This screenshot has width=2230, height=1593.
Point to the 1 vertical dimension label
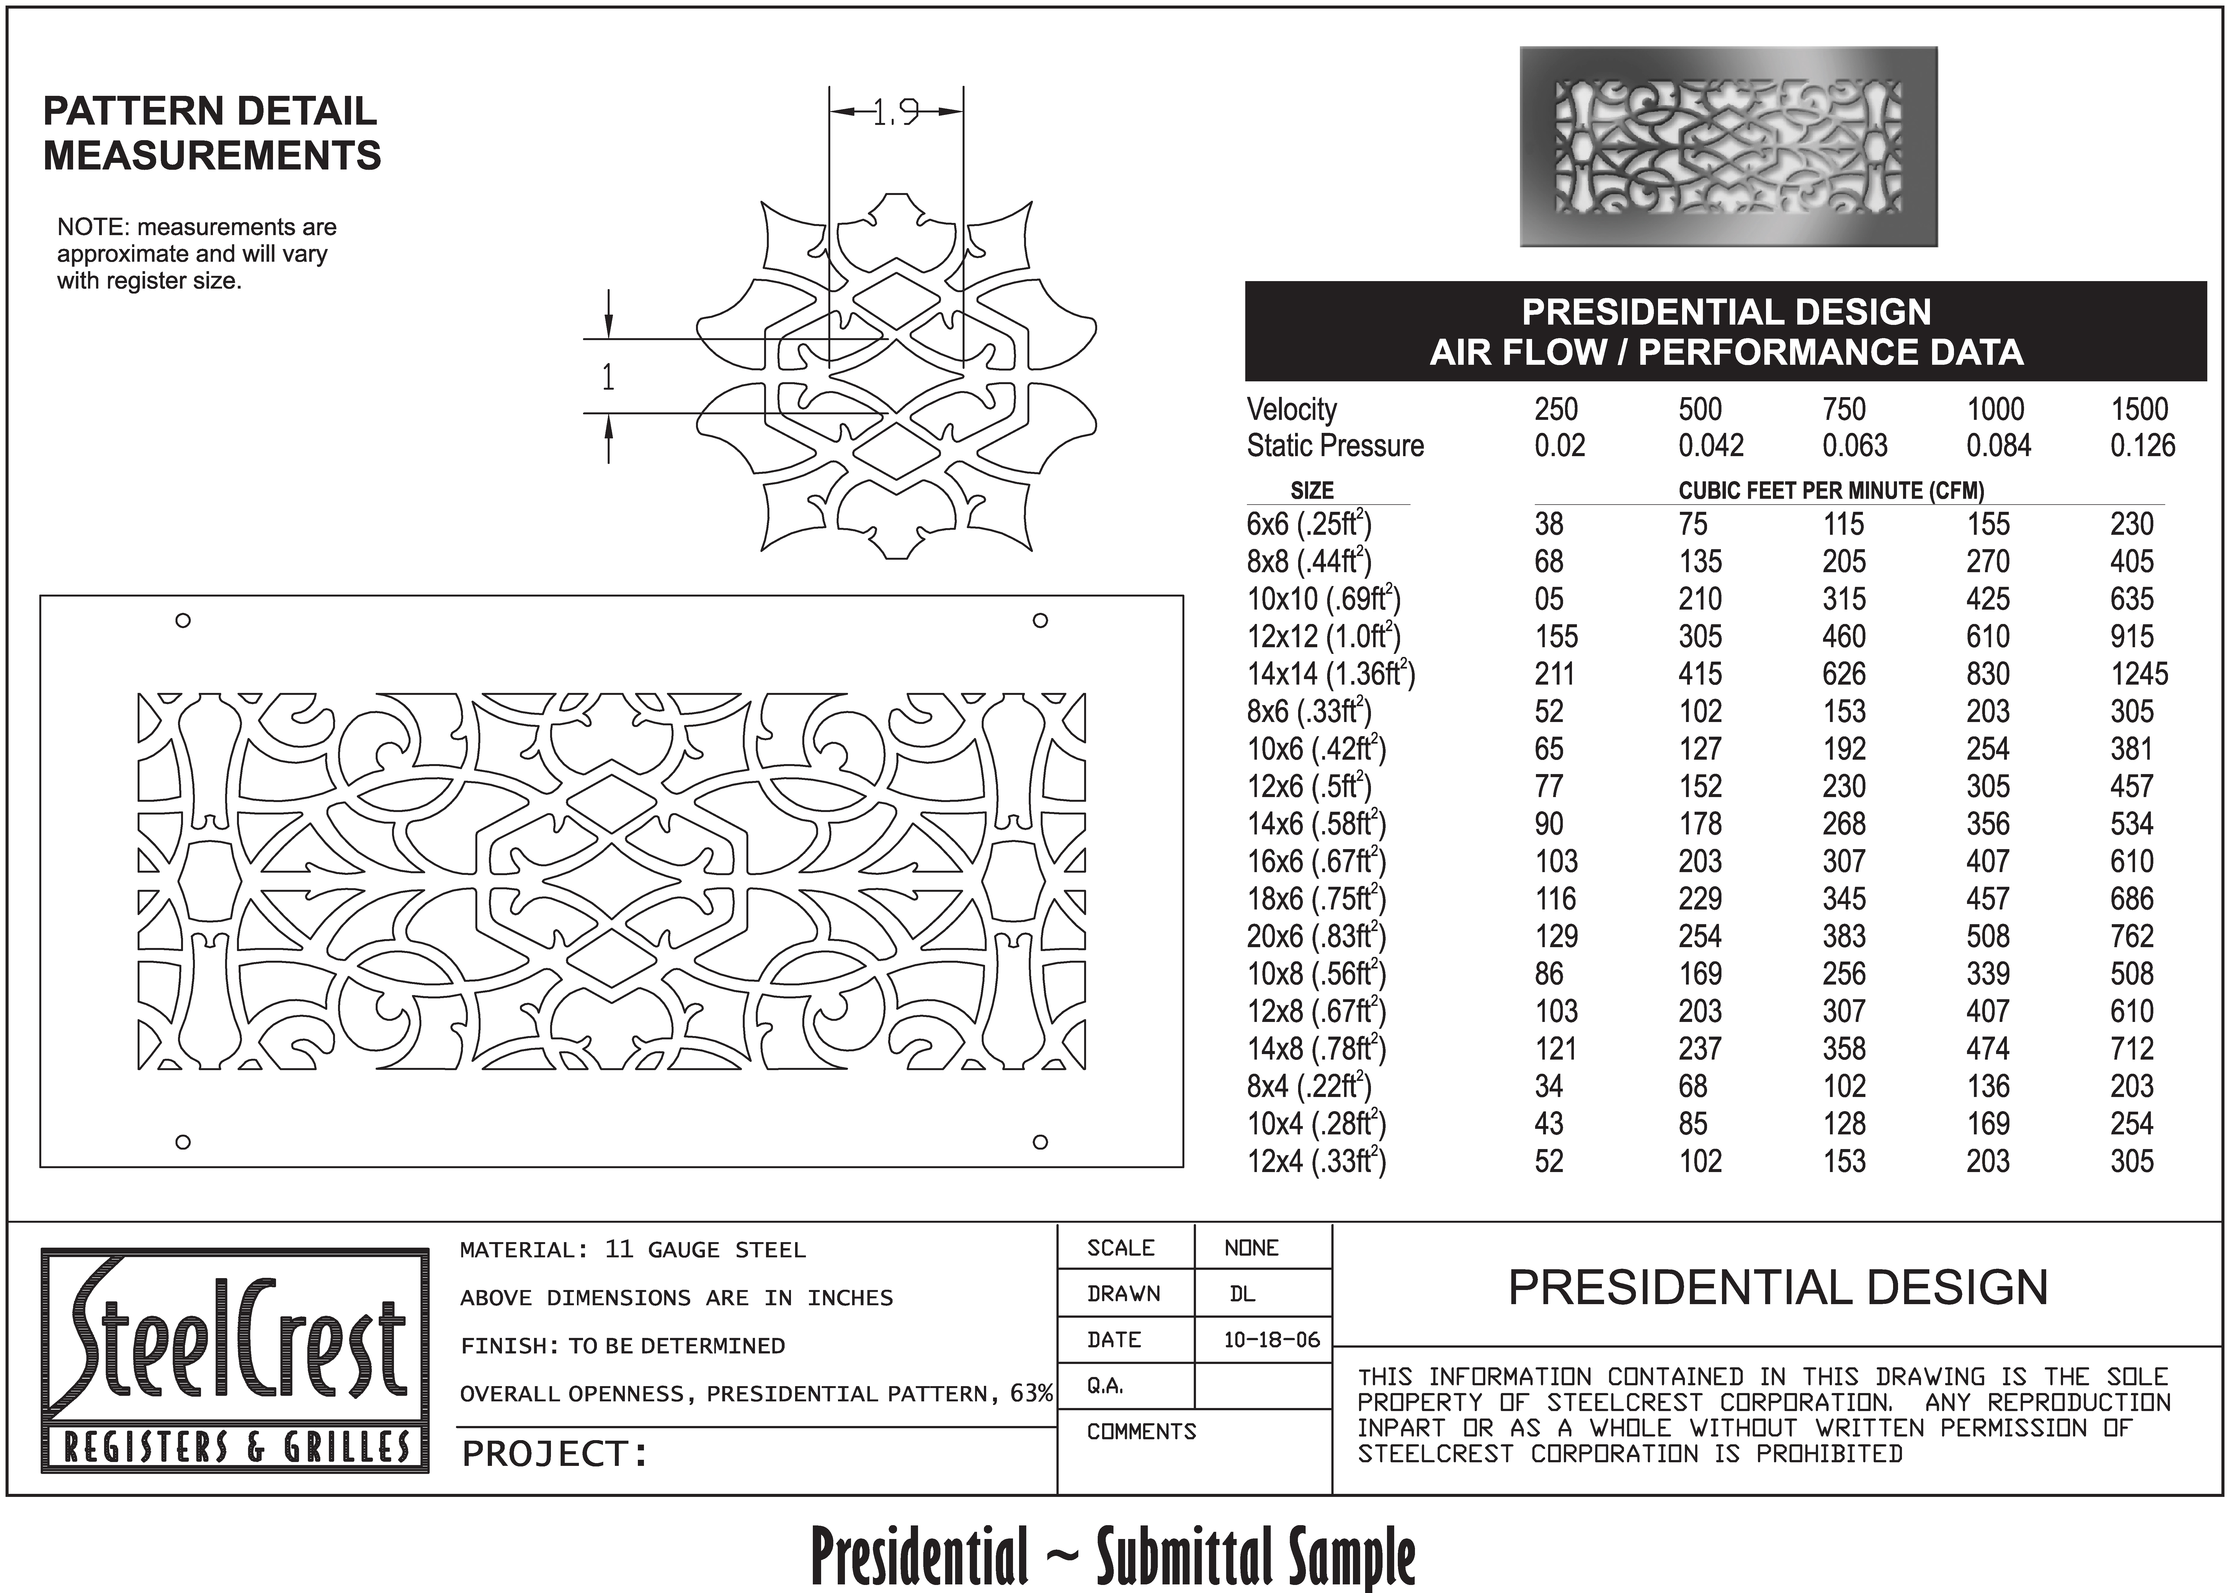[x=608, y=377]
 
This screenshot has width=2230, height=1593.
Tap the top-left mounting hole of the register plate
[x=182, y=620]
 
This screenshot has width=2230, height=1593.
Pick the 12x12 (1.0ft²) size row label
[x=1323, y=637]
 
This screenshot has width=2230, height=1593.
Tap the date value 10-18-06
[x=1271, y=1340]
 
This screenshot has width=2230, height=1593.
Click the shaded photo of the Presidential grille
[x=1728, y=147]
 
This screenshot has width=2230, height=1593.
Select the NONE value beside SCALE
[x=1251, y=1248]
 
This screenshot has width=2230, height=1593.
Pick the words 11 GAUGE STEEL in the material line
[x=705, y=1250]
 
